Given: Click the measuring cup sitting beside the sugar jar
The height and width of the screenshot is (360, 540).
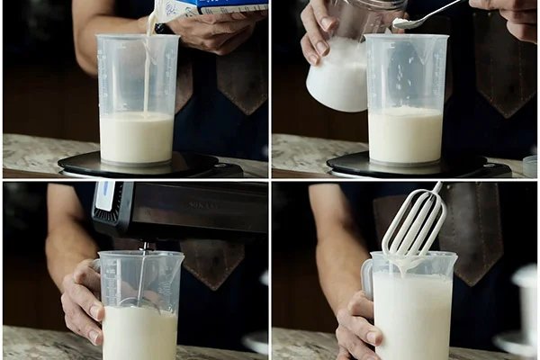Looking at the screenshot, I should coord(406,99).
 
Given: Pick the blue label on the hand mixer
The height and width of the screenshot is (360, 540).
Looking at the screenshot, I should coord(105,196).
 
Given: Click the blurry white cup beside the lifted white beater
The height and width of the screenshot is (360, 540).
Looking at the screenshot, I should coord(525,306).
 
